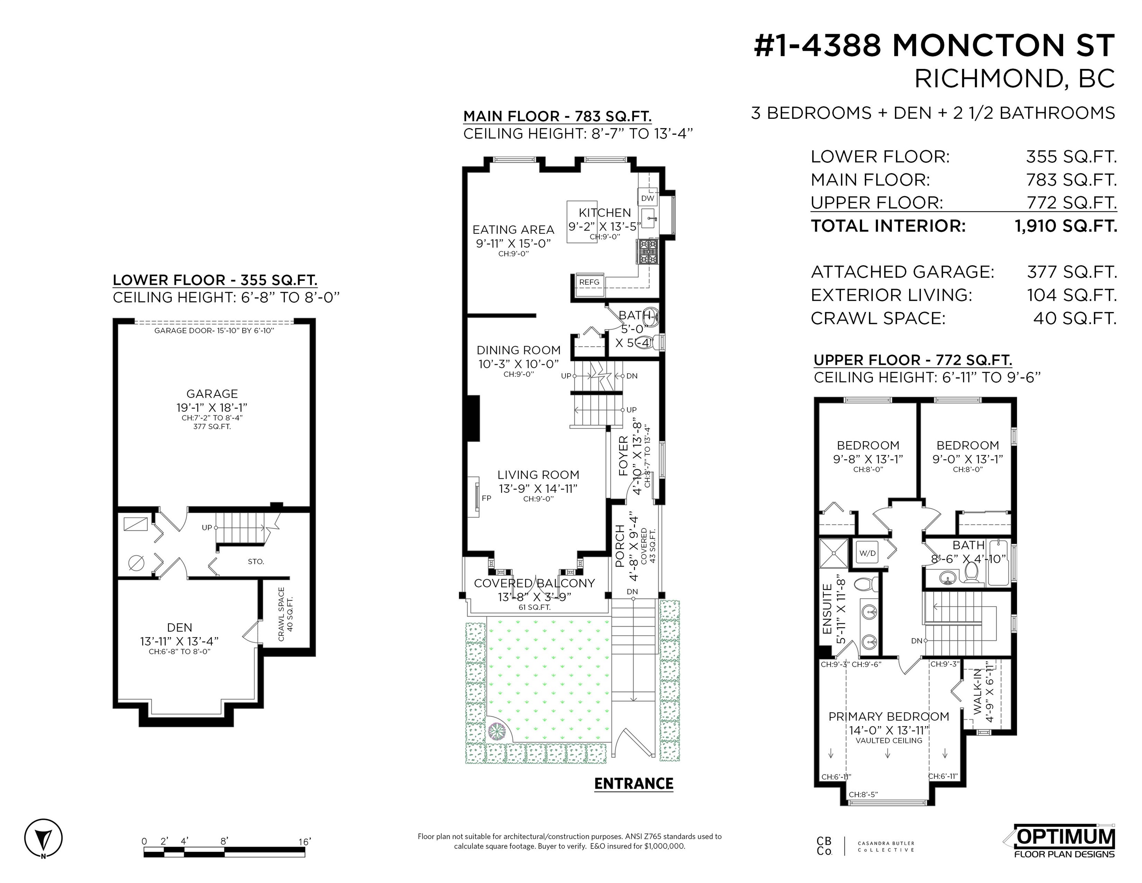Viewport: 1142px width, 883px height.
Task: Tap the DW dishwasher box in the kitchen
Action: point(647,198)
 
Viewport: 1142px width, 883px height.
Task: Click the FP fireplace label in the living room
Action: point(486,498)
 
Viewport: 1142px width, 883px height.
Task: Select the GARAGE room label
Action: point(212,394)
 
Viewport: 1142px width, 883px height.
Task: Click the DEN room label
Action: point(179,627)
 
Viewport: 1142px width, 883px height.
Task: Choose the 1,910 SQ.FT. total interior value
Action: point(1066,226)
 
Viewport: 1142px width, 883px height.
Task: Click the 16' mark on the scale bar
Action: point(304,841)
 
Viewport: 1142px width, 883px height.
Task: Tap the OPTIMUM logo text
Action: point(1065,837)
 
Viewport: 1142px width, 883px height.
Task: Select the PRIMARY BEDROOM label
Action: point(888,717)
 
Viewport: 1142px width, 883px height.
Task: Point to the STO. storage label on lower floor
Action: point(256,561)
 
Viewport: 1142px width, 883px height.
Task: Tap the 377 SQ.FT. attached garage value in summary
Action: point(1072,272)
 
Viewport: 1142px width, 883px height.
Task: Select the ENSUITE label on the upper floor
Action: point(827,609)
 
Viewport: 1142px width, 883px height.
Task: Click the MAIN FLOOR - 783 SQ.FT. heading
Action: point(557,116)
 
